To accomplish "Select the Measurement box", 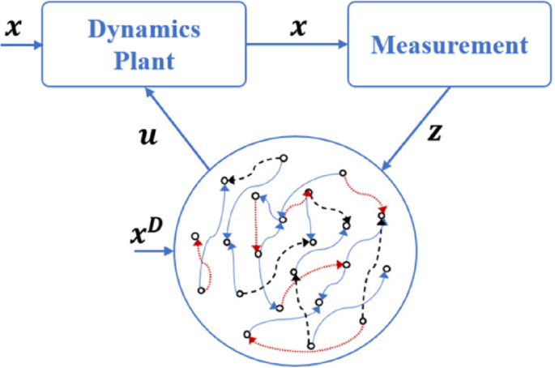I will pos(447,45).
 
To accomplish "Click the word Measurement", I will pos(447,45).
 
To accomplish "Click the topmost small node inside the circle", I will pos(284,158).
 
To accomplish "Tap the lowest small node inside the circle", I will pos(311,346).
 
